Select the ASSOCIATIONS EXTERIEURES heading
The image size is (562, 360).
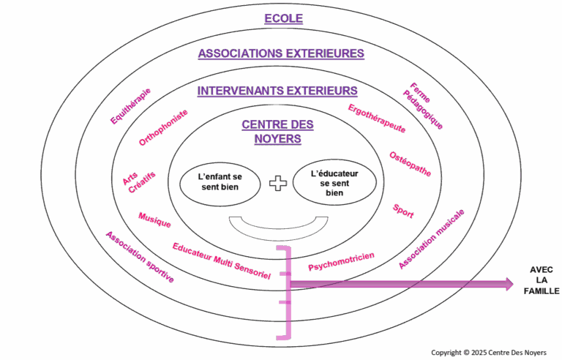tap(281, 53)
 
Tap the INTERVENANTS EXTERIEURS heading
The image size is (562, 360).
tap(277, 91)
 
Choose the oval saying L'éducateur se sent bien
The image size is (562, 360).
tap(335, 182)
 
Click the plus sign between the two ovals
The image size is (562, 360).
tap(278, 182)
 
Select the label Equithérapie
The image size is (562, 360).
tap(130, 107)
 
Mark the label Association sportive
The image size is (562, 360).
tap(140, 257)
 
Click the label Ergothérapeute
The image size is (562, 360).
tap(376, 118)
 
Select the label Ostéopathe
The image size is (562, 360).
tap(410, 164)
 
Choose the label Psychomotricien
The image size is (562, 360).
tap(341, 262)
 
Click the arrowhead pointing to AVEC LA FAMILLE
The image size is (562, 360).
tap(507, 284)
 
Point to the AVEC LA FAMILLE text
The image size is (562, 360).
tap(542, 280)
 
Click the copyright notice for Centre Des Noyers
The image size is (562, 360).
tap(488, 352)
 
